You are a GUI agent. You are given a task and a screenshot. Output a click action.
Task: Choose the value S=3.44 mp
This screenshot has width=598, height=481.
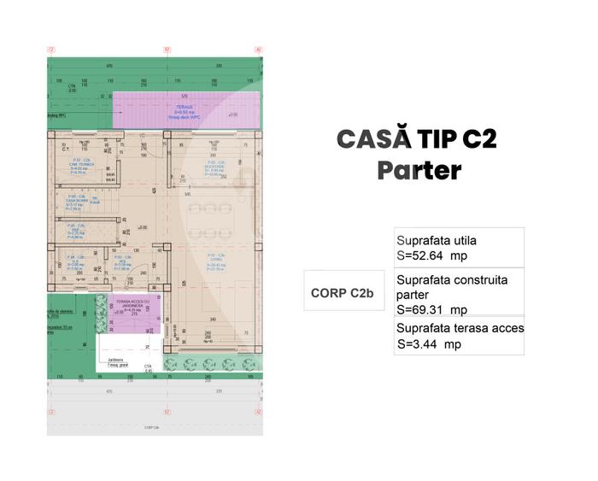pos(429,344)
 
